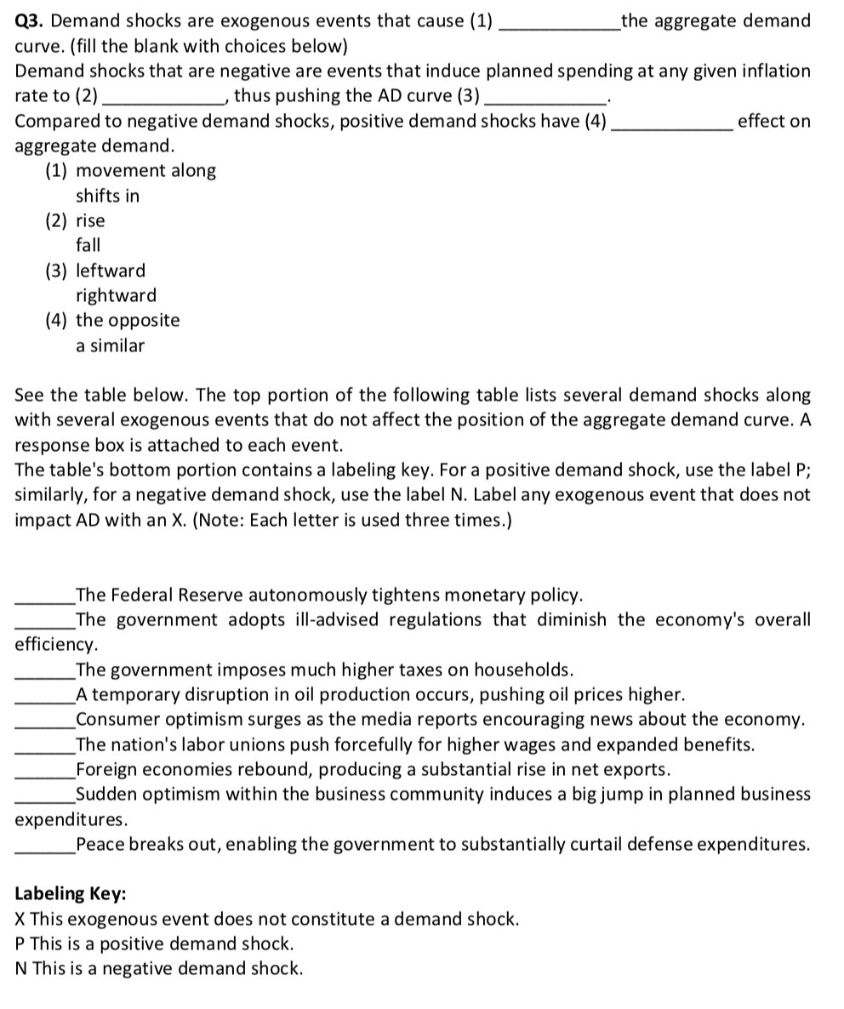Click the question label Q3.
pyautogui.click(x=31, y=20)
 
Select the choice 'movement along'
pyautogui.click(x=145, y=171)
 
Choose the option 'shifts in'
pyautogui.click(x=107, y=197)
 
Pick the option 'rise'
pyautogui.click(x=90, y=221)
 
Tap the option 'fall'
pyautogui.click(x=88, y=246)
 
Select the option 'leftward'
pyautogui.click(x=111, y=271)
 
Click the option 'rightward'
pyautogui.click(x=116, y=296)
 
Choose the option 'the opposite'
pyautogui.click(x=128, y=321)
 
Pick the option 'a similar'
pyautogui.click(x=110, y=346)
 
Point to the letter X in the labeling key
pyautogui.click(x=21, y=919)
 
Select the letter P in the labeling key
pyautogui.click(x=21, y=943)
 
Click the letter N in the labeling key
pyautogui.click(x=22, y=968)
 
